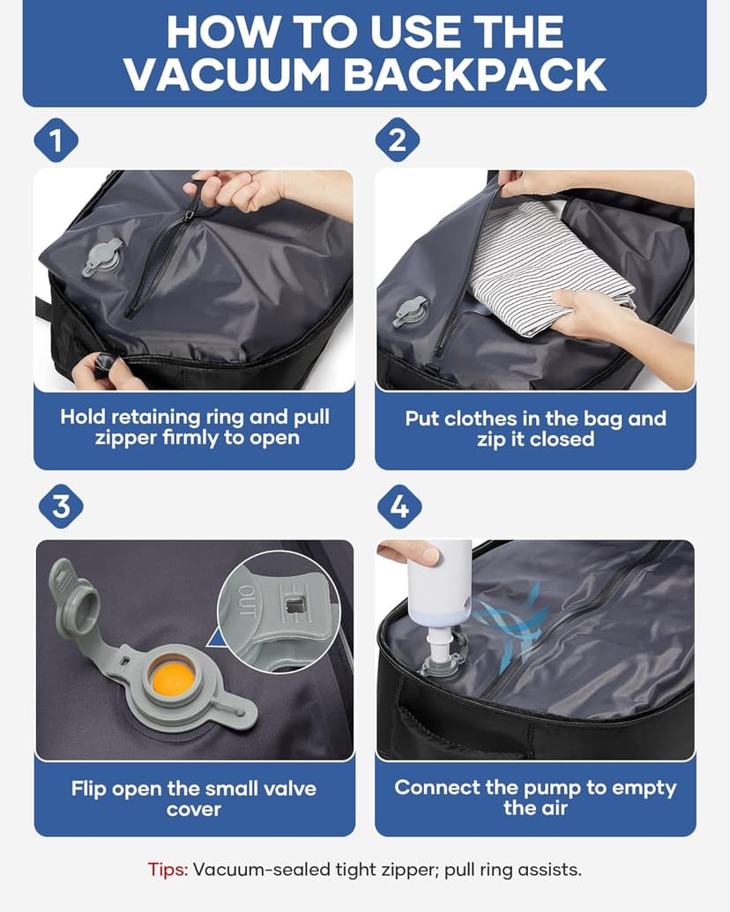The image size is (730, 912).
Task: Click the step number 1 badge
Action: pos(56,140)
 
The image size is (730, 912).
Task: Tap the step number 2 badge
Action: pos(397,140)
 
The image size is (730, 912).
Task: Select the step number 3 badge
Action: pos(61,506)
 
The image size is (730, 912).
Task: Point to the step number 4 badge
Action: pos(399,506)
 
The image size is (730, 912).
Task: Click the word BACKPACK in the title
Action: pos(475,75)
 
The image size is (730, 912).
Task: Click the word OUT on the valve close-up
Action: pos(247,600)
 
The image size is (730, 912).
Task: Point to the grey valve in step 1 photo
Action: pos(104,256)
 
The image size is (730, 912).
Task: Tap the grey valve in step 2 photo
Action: pos(410,311)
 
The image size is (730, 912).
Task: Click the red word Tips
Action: pos(168,870)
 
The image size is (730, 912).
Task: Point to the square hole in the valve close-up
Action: pos(293,606)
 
